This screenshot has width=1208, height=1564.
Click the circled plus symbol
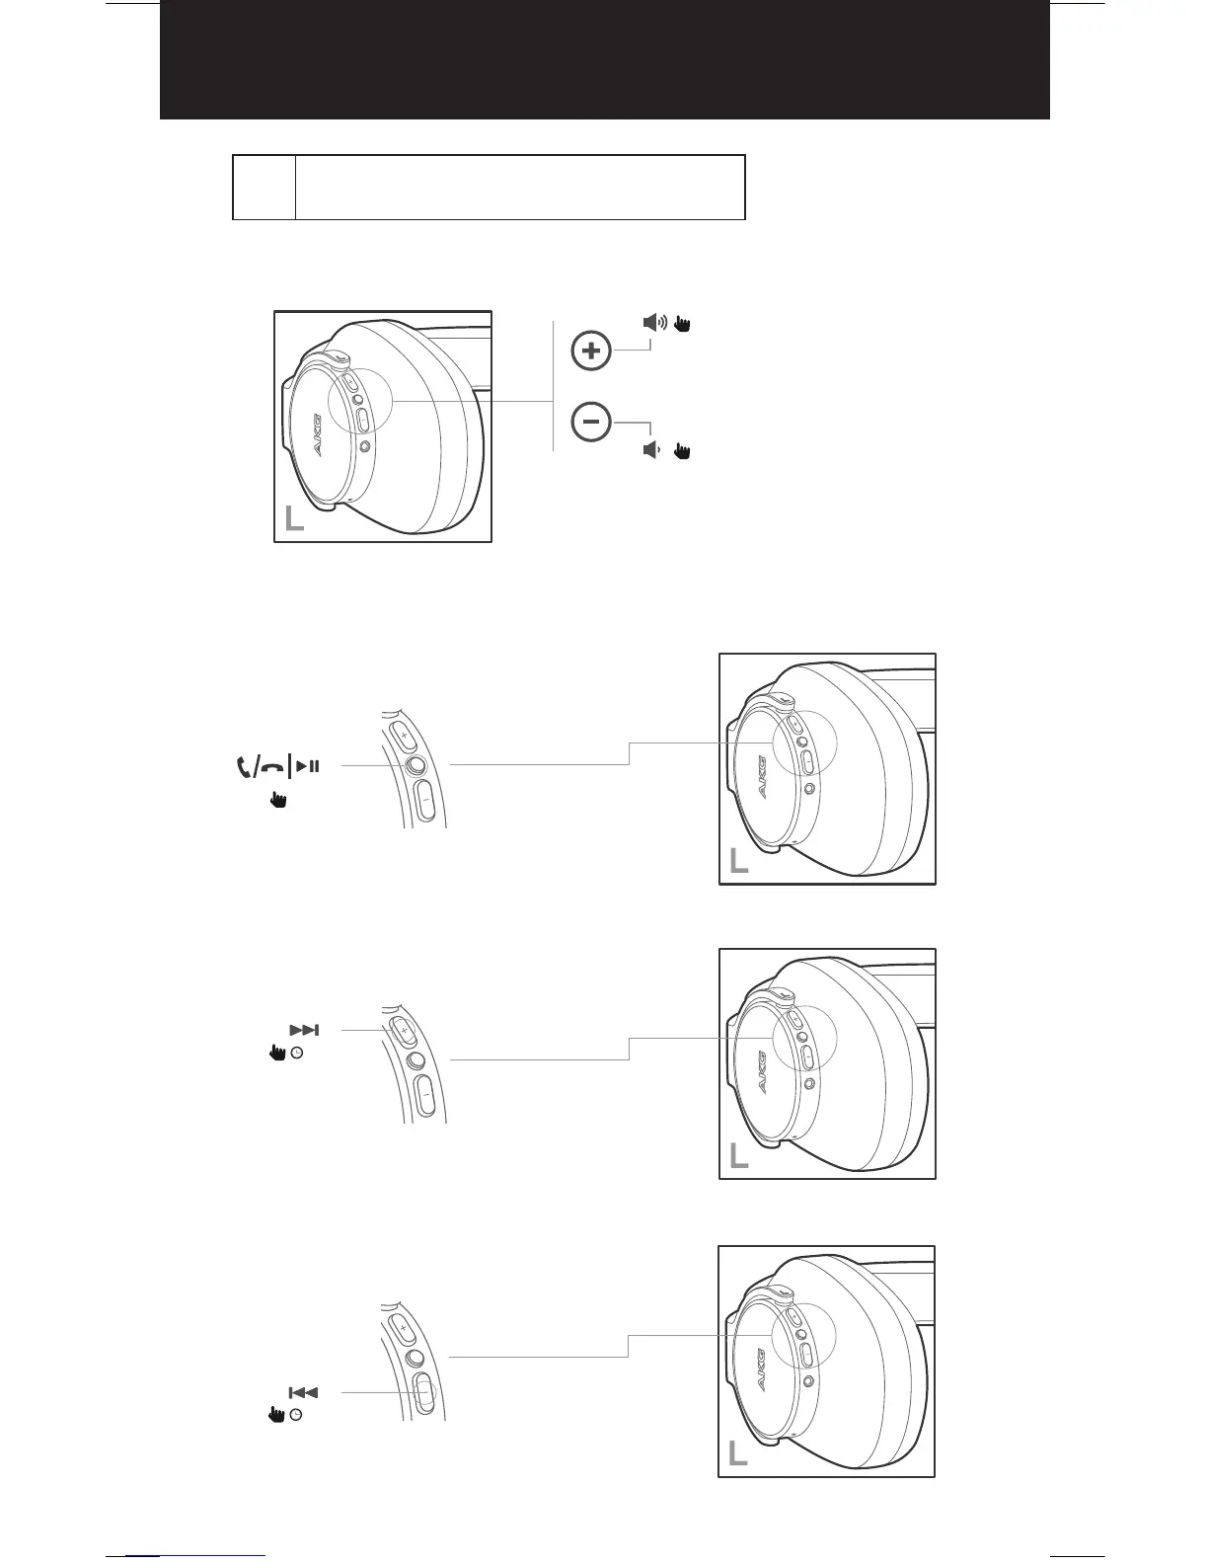click(x=592, y=352)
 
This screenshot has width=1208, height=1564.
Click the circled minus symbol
click(x=592, y=422)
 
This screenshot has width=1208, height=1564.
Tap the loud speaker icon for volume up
click(x=655, y=322)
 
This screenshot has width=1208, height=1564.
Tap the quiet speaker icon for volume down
click(x=650, y=450)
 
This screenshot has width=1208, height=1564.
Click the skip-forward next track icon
click(x=304, y=1030)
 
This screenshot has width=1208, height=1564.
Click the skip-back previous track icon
click(x=303, y=1392)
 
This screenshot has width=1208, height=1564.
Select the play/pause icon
click(x=308, y=765)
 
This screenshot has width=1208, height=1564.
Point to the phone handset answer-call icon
click(x=244, y=766)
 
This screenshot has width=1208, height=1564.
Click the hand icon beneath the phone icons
click(x=278, y=800)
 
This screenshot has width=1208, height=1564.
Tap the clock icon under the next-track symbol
click(x=298, y=1054)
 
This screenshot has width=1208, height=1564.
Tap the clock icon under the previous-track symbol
click(x=296, y=1415)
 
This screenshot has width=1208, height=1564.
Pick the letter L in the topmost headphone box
click(x=294, y=518)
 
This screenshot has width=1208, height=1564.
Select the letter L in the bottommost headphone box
click(x=737, y=1453)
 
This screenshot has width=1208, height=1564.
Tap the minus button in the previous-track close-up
click(x=425, y=1392)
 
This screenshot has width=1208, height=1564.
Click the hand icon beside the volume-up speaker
click(x=682, y=322)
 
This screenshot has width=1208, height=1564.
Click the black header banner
click(x=604, y=59)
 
